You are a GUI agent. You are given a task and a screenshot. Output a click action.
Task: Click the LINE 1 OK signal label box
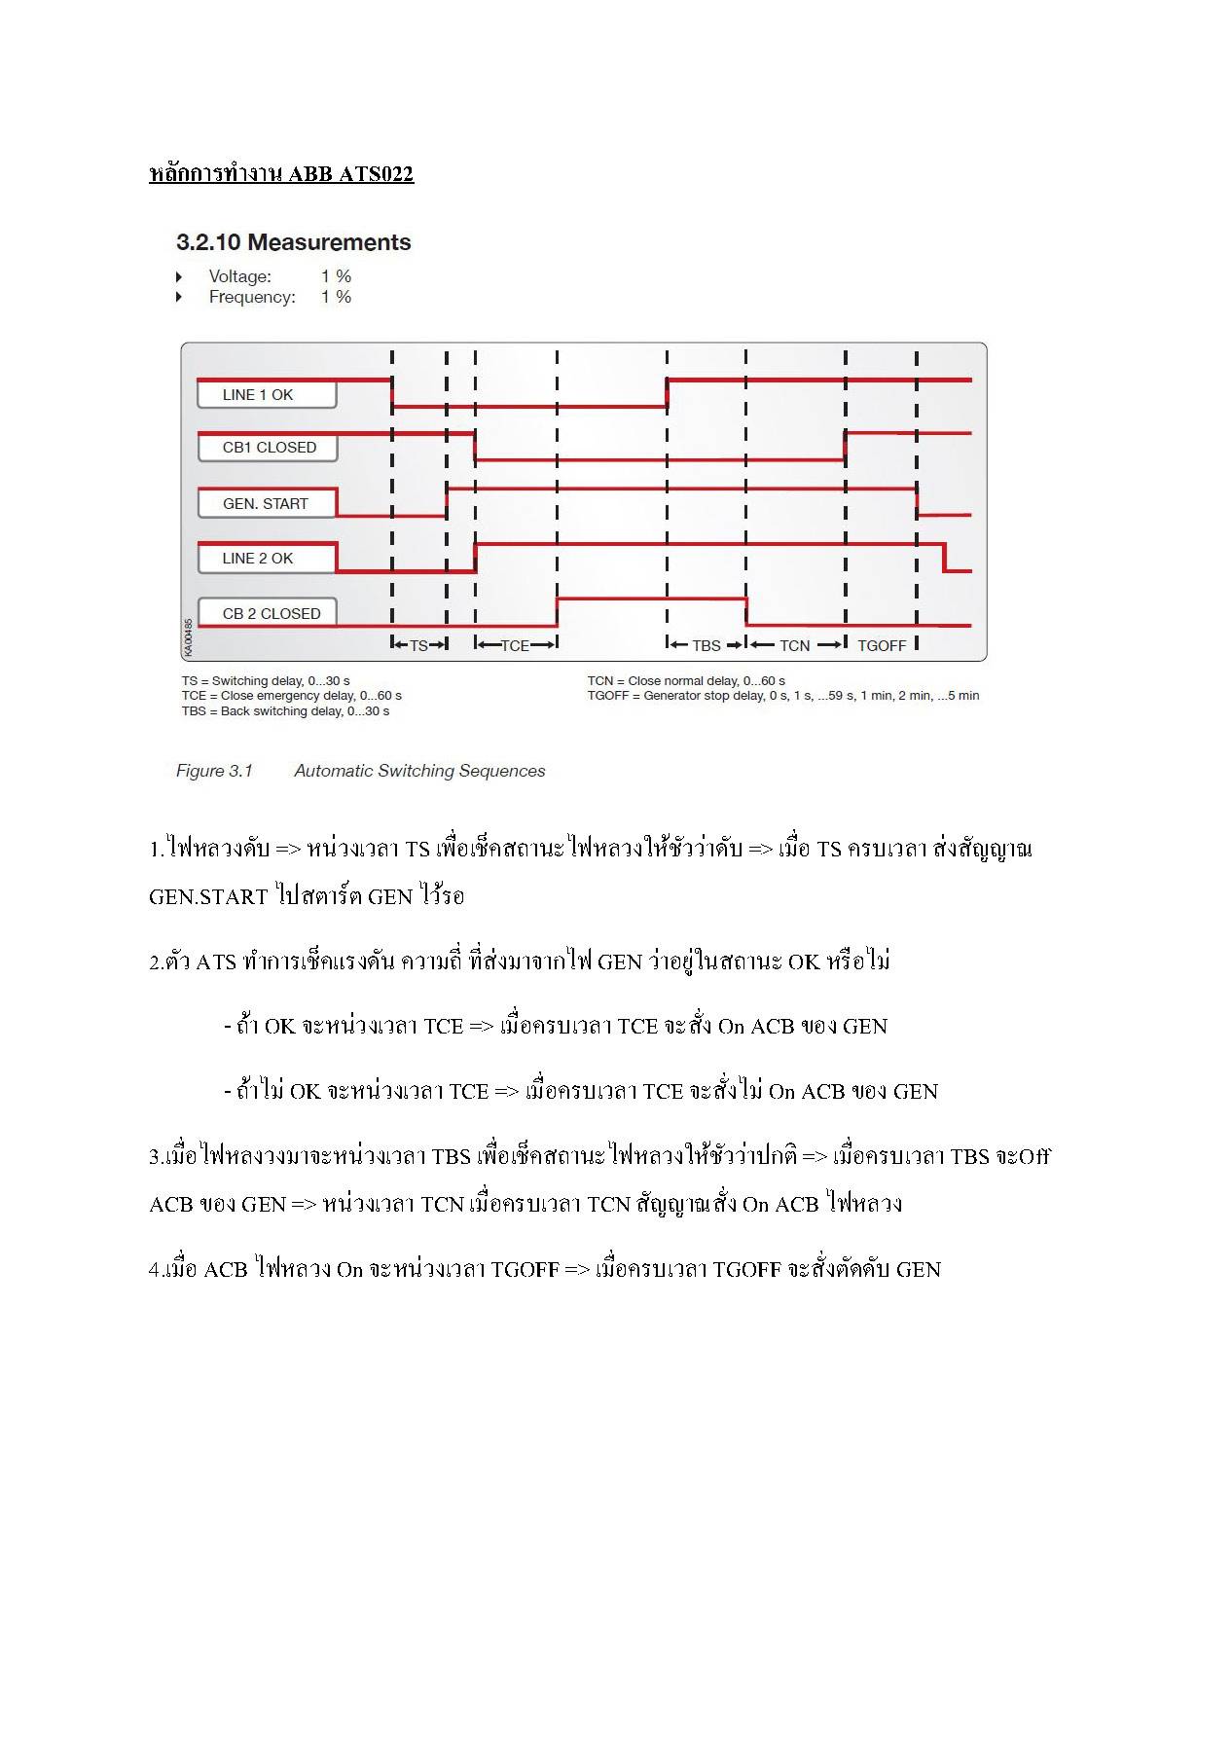(x=266, y=394)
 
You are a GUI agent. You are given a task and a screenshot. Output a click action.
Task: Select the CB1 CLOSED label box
(x=269, y=448)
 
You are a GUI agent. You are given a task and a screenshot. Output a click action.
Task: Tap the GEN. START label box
(x=266, y=503)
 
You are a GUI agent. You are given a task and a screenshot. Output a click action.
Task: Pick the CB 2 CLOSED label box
(x=271, y=613)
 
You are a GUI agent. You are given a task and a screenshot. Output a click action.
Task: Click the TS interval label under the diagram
(x=418, y=645)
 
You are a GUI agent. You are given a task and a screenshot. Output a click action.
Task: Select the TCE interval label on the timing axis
(x=515, y=645)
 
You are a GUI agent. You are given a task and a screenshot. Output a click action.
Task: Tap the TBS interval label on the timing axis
(x=707, y=645)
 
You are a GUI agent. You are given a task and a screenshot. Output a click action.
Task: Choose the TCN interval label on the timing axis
(x=794, y=645)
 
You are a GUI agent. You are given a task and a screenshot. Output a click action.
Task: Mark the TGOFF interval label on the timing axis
(x=882, y=645)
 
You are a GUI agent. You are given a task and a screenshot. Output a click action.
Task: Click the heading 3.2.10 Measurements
(x=293, y=242)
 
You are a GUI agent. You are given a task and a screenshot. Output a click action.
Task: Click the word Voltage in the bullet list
(x=240, y=276)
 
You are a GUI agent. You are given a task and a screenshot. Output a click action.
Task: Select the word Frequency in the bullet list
(x=252, y=297)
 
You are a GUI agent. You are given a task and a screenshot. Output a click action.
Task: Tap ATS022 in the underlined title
(x=375, y=174)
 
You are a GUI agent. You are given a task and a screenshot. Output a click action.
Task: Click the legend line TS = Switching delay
(x=266, y=681)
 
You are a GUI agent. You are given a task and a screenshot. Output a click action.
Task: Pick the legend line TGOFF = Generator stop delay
(x=782, y=696)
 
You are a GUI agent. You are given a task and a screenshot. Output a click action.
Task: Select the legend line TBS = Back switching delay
(x=285, y=711)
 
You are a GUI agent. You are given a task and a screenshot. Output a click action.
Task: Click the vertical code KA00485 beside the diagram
(x=188, y=636)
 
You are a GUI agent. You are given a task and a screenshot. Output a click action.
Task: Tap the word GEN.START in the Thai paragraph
(x=208, y=896)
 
